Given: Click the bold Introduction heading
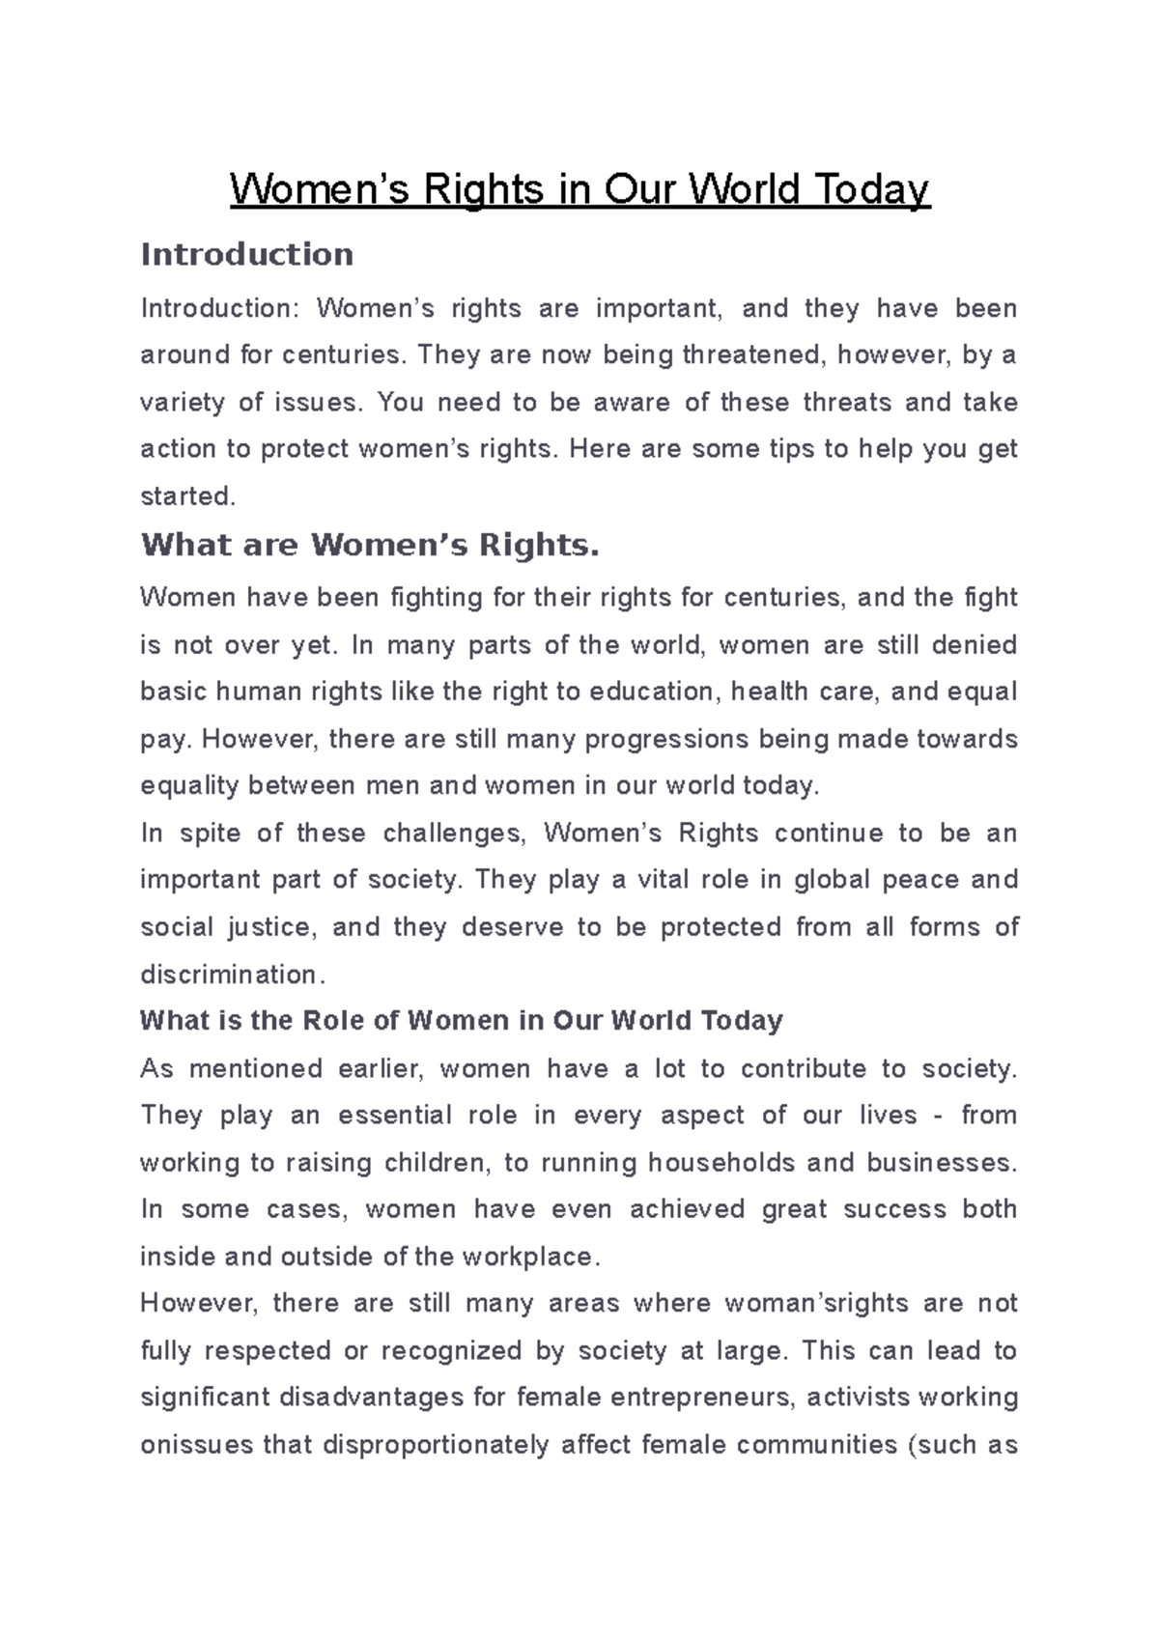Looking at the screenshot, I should pos(247,254).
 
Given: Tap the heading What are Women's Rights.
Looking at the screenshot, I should pos(370,545).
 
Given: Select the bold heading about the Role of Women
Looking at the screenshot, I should pos(461,1020).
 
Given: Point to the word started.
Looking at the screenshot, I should pos(187,496).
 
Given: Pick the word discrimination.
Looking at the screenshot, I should pos(228,974).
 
